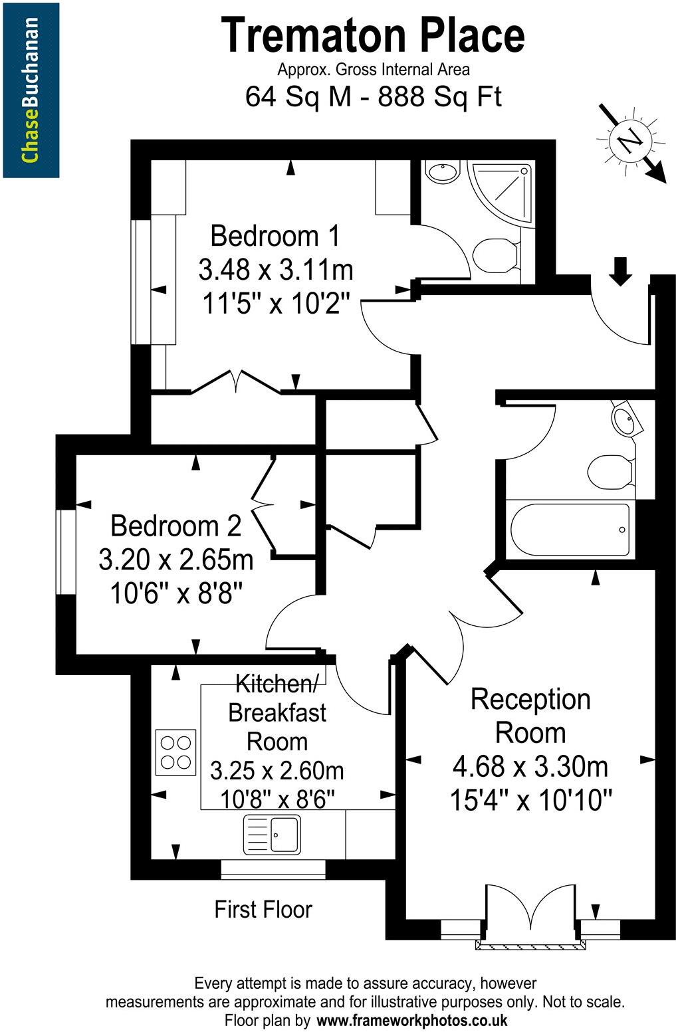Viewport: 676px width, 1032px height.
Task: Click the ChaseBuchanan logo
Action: coord(31,90)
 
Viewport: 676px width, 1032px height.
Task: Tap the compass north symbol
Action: coord(631,142)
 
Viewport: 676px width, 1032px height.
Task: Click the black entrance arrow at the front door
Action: coord(620,271)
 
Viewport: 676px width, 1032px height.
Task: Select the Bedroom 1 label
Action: coord(275,236)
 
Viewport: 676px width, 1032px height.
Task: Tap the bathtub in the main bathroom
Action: coord(570,530)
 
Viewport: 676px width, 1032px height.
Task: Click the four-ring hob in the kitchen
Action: coord(175,752)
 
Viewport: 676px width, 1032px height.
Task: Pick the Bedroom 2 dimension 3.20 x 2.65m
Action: coord(176,560)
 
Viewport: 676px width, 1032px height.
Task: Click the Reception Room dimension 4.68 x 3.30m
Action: coord(530,767)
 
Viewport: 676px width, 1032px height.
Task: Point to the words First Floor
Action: coord(263,909)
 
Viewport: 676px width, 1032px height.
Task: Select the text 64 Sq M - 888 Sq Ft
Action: coord(373,97)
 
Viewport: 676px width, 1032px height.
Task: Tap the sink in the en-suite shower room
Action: coord(441,173)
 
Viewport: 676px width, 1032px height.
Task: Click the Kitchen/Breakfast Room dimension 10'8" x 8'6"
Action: coord(277,798)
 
